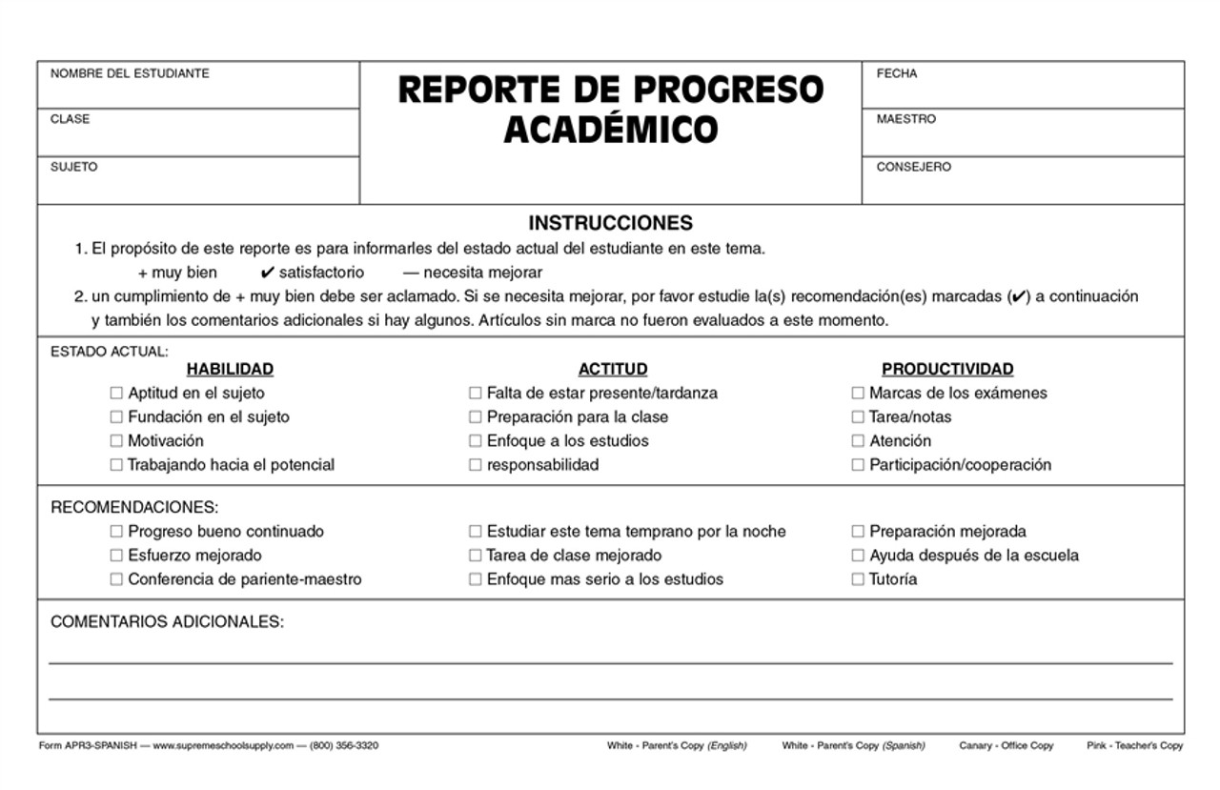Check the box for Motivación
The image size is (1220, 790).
pyautogui.click(x=116, y=441)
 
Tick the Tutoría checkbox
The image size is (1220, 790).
pyautogui.click(x=858, y=579)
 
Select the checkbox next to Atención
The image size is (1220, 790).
pyautogui.click(x=858, y=441)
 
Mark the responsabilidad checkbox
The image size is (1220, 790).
pyautogui.click(x=475, y=465)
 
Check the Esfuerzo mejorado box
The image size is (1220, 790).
pyautogui.click(x=116, y=556)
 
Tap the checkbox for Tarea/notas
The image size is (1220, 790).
pyautogui.click(x=858, y=417)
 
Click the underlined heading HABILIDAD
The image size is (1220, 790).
pyautogui.click(x=230, y=369)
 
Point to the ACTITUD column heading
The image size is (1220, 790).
pyautogui.click(x=613, y=369)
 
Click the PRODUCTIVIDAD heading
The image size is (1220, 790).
pyautogui.click(x=947, y=369)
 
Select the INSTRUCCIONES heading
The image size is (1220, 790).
pyautogui.click(x=610, y=224)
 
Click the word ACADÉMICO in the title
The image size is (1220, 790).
pyautogui.click(x=610, y=129)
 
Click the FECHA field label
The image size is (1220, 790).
pyautogui.click(x=897, y=74)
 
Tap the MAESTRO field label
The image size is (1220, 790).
pyautogui.click(x=906, y=120)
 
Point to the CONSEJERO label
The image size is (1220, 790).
pyautogui.click(x=913, y=168)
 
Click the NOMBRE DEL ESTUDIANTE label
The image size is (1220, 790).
pyautogui.click(x=130, y=74)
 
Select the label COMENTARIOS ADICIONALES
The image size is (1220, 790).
pyautogui.click(x=167, y=622)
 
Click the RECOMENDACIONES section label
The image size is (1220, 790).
pyautogui.click(x=134, y=507)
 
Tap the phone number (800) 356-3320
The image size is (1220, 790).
pyautogui.click(x=344, y=745)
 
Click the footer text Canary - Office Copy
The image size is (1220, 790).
pyautogui.click(x=1008, y=745)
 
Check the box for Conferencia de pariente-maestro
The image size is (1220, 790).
pyautogui.click(x=116, y=579)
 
